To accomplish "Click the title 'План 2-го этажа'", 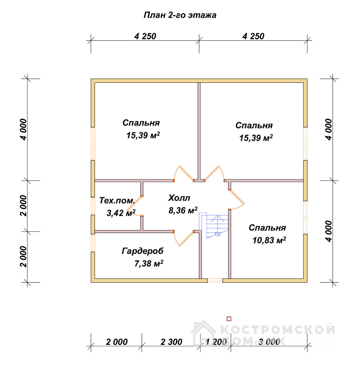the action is tap(180, 15).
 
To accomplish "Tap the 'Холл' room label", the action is tap(179, 198).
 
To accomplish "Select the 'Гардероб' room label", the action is tap(142, 251).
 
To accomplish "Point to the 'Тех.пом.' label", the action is tap(117, 201).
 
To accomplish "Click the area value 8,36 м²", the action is tap(183, 210).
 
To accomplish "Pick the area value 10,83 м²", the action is tap(269, 240).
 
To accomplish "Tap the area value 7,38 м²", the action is tap(149, 264).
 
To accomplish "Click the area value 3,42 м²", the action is tap(121, 213).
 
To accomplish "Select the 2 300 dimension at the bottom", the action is tap(171, 342).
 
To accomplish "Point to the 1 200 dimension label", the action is tap(216, 342).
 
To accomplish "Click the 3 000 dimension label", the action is tap(269, 342).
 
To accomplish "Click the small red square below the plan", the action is tap(229, 319).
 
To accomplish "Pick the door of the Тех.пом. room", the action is tap(134, 206).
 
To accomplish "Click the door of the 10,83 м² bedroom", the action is tap(237, 199).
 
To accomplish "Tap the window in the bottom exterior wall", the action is tap(215, 280).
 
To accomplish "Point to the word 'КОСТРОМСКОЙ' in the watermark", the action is tap(278, 329).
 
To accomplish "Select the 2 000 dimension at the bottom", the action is tap(117, 342).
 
